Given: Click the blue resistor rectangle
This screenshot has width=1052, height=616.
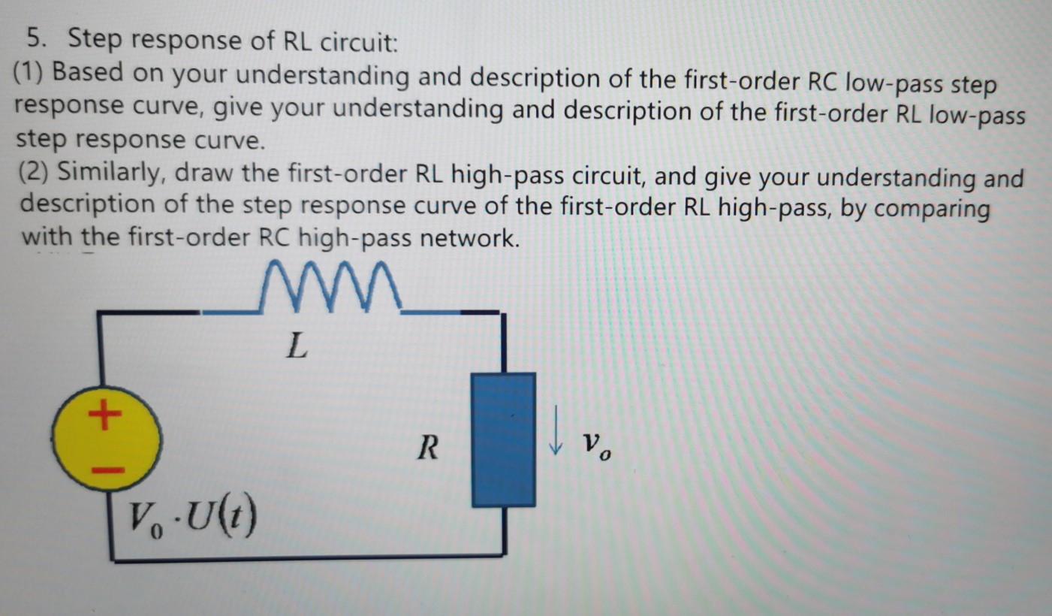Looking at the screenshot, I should [x=503, y=439].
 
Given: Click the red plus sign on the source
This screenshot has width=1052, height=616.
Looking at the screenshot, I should [x=104, y=413].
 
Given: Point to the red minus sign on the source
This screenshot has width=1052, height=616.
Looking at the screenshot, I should [x=106, y=470].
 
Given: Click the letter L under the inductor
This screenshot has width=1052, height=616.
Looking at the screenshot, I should [x=297, y=347].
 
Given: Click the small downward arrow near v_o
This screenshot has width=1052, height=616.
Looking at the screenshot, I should [x=556, y=440].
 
